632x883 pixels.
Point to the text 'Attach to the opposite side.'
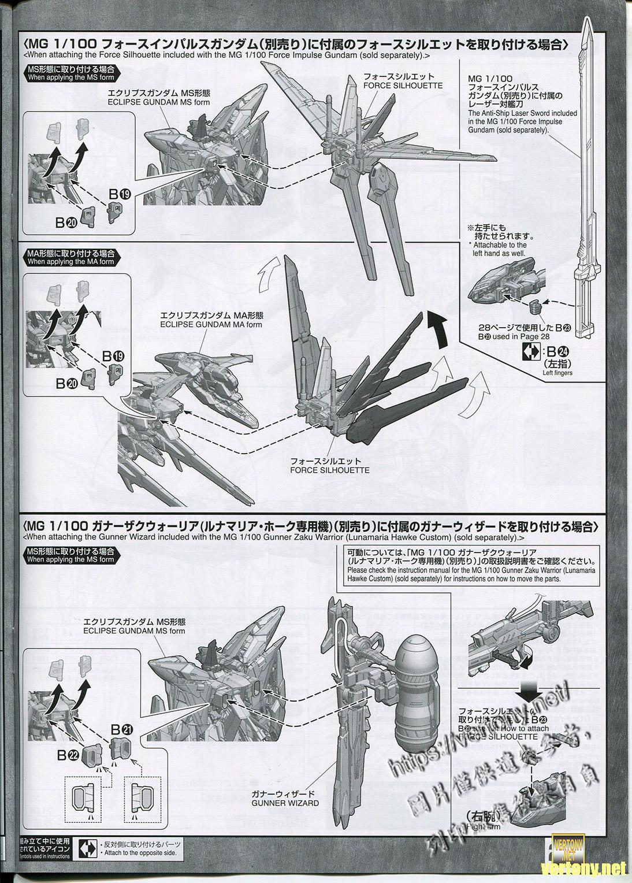(x=138, y=853)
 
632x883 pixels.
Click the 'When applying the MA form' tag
(x=70, y=257)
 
